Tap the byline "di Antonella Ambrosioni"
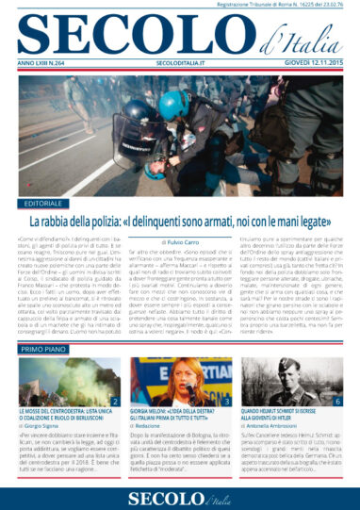(274, 426)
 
